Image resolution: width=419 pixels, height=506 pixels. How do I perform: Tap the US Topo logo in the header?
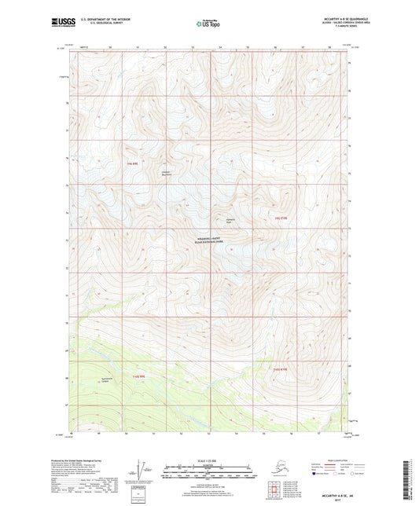coord(209,24)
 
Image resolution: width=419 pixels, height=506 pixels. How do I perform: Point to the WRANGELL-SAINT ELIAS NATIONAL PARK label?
coord(209,243)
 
